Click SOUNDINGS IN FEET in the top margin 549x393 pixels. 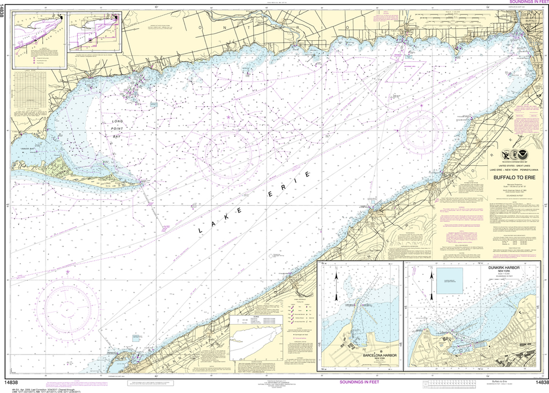(523, 3)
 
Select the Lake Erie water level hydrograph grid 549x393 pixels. (29, 94)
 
